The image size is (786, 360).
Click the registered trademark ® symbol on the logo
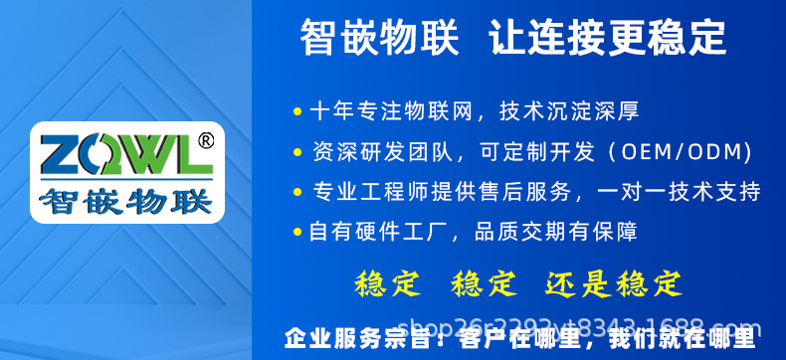click(x=205, y=141)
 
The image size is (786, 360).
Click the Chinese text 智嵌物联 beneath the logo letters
click(x=125, y=201)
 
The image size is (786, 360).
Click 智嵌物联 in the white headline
click(x=379, y=39)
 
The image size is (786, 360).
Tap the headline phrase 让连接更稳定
click(x=608, y=39)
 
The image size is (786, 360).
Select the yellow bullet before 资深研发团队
click(x=296, y=152)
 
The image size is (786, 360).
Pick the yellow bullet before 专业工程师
click(x=296, y=191)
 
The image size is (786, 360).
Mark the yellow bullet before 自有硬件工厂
click(x=296, y=232)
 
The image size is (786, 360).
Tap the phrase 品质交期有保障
click(x=556, y=232)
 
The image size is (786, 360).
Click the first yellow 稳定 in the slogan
click(x=387, y=283)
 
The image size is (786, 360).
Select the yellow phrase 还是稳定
click(x=614, y=283)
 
